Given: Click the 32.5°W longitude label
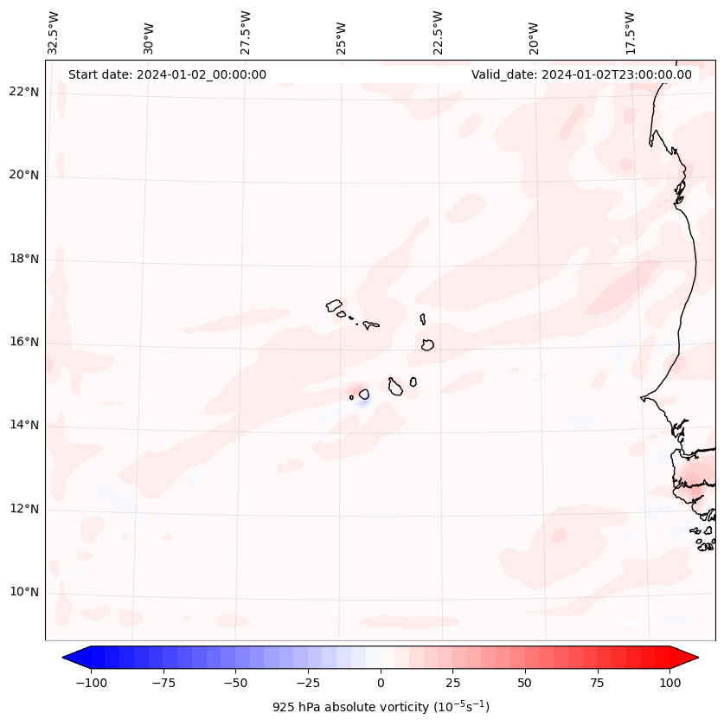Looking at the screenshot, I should (x=54, y=32).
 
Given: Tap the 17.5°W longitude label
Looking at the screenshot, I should (x=630, y=32).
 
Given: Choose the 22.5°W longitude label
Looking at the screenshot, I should (x=438, y=32).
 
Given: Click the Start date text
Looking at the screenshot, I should (x=167, y=74).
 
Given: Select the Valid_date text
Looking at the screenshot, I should (x=581, y=74).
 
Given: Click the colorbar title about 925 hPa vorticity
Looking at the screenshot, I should (x=381, y=707).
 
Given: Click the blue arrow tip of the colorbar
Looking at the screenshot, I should (x=67, y=659).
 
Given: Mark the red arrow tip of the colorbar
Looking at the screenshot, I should (x=693, y=659).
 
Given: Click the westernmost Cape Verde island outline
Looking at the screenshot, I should (x=334, y=305).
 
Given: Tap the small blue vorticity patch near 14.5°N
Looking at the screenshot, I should (x=363, y=401).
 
